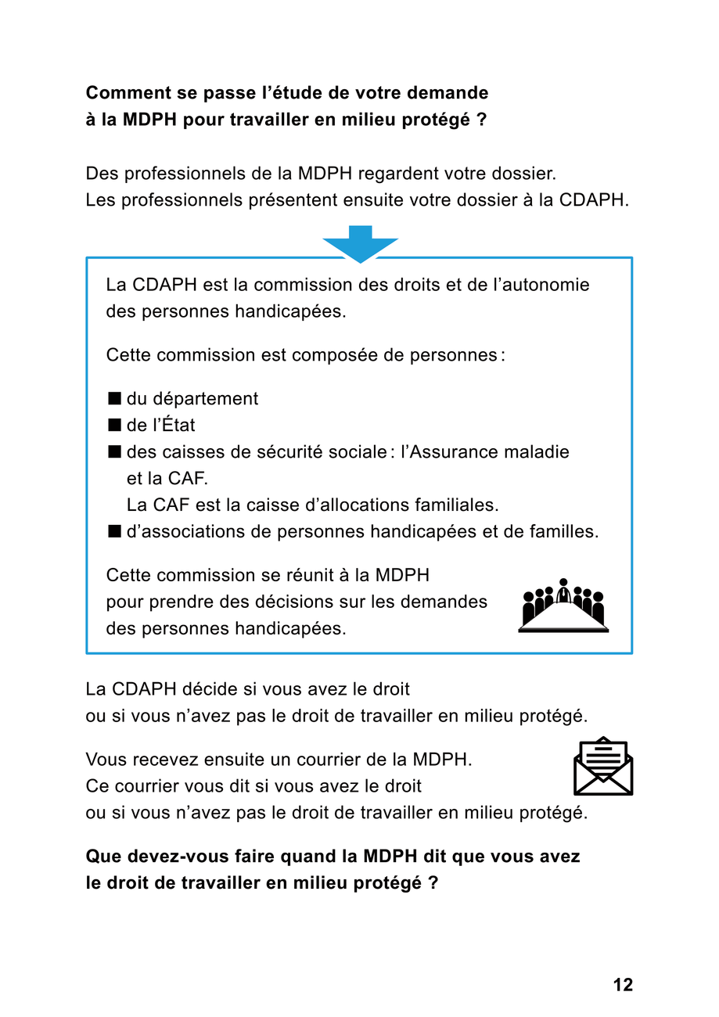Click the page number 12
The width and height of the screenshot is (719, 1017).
(x=623, y=984)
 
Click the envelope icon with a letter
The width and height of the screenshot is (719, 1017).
(x=603, y=766)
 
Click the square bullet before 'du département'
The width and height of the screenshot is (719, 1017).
(x=114, y=398)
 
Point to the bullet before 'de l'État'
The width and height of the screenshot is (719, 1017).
(x=114, y=425)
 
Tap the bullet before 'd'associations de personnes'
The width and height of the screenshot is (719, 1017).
(x=114, y=532)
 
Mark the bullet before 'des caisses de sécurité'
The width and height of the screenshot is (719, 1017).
(x=114, y=451)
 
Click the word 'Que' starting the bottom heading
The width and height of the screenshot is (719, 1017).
(x=102, y=857)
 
